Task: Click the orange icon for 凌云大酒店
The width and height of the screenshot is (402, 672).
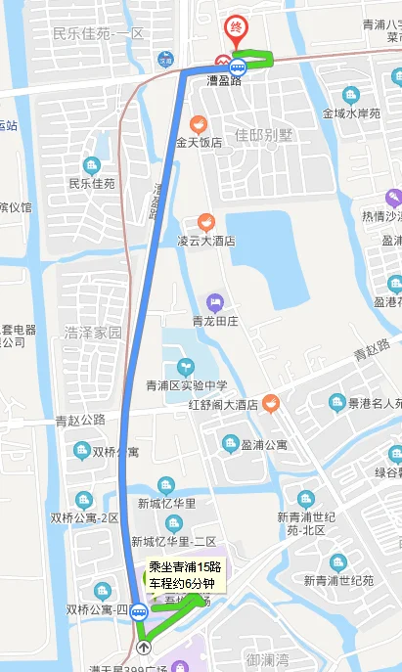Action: pyautogui.click(x=205, y=221)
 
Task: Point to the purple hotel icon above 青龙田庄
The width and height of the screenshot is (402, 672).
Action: pyautogui.click(x=215, y=301)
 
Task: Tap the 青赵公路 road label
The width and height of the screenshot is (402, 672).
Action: pyautogui.click(x=80, y=422)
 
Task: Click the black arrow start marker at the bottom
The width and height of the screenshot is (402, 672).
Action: pyautogui.click(x=145, y=646)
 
